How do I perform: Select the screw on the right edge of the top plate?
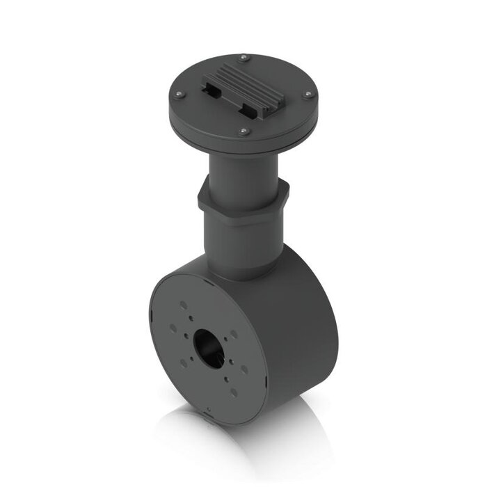click(x=306, y=95)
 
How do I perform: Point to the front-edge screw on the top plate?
click(x=242, y=130)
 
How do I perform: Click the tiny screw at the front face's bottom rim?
click(x=207, y=410)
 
